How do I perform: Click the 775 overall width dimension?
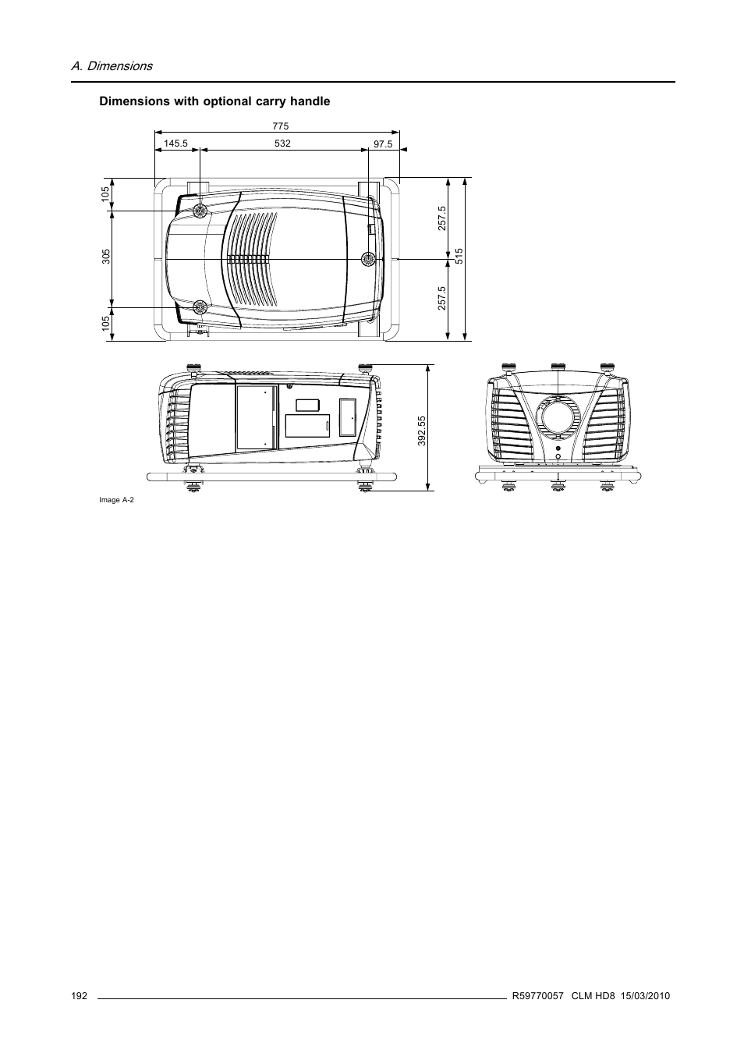point(281,125)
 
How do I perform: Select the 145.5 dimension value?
point(176,144)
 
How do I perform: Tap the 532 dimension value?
point(282,144)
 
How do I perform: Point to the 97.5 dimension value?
point(383,144)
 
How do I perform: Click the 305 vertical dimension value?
point(105,258)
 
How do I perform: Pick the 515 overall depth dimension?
point(459,258)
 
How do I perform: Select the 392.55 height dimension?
point(421,430)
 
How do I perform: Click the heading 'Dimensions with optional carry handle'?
point(214,101)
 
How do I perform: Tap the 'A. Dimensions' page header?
point(112,66)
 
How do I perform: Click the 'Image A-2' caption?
point(116,500)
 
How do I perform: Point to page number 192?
point(78,996)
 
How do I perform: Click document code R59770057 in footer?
point(537,996)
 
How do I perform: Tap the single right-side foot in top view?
point(368,259)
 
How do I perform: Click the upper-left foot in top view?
point(200,211)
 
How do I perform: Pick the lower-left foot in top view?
point(200,307)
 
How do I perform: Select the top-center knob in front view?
point(557,366)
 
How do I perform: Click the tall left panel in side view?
point(257,418)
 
